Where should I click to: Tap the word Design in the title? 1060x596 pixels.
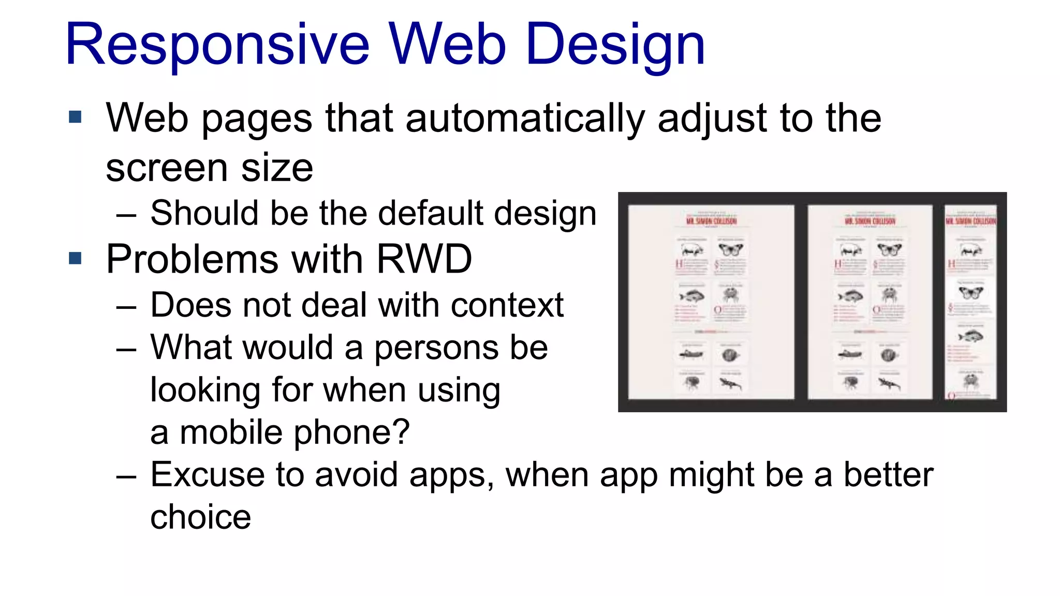pyautogui.click(x=615, y=46)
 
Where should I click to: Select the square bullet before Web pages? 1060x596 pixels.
pyautogui.click(x=75, y=117)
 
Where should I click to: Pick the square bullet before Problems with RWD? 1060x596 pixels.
pyautogui.click(x=75, y=258)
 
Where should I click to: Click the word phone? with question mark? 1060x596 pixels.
pyautogui.click(x=351, y=433)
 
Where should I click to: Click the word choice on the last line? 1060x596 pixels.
pyautogui.click(x=200, y=517)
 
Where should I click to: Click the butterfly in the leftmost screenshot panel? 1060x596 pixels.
pyautogui.click(x=730, y=250)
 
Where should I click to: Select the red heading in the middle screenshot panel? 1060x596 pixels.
pyautogui.click(x=870, y=221)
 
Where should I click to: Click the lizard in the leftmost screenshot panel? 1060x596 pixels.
pyautogui.click(x=730, y=383)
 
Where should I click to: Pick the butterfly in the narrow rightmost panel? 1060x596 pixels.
pyautogui.click(x=970, y=293)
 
